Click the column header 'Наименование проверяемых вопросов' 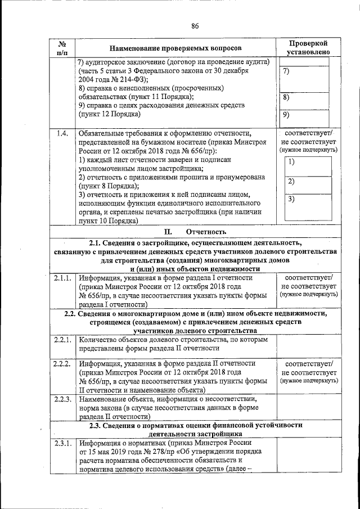tap(174, 49)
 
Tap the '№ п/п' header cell tap(62, 48)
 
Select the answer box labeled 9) tap(308, 116)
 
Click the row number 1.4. tap(62, 133)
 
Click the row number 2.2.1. tap(62, 340)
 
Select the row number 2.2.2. tap(62, 364)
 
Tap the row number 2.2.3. tap(62, 399)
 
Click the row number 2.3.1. tap(62, 443)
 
